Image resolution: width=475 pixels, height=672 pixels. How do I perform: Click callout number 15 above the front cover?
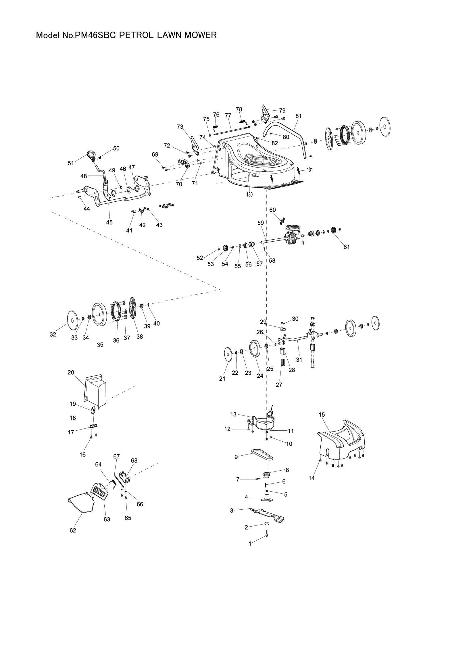pyautogui.click(x=322, y=415)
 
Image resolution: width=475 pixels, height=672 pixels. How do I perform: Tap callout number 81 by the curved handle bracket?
pyautogui.click(x=298, y=116)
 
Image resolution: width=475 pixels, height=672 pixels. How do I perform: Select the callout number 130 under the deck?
pyautogui.click(x=249, y=194)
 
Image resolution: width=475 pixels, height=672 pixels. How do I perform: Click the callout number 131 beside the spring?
pyautogui.click(x=310, y=170)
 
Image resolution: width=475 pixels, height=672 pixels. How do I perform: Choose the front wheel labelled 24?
pyautogui.click(x=255, y=349)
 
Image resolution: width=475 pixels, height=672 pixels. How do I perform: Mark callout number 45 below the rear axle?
pyautogui.click(x=109, y=222)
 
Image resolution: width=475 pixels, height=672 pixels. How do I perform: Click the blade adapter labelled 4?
pyautogui.click(x=267, y=498)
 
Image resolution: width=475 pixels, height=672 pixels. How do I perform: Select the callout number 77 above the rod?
pyautogui.click(x=228, y=115)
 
